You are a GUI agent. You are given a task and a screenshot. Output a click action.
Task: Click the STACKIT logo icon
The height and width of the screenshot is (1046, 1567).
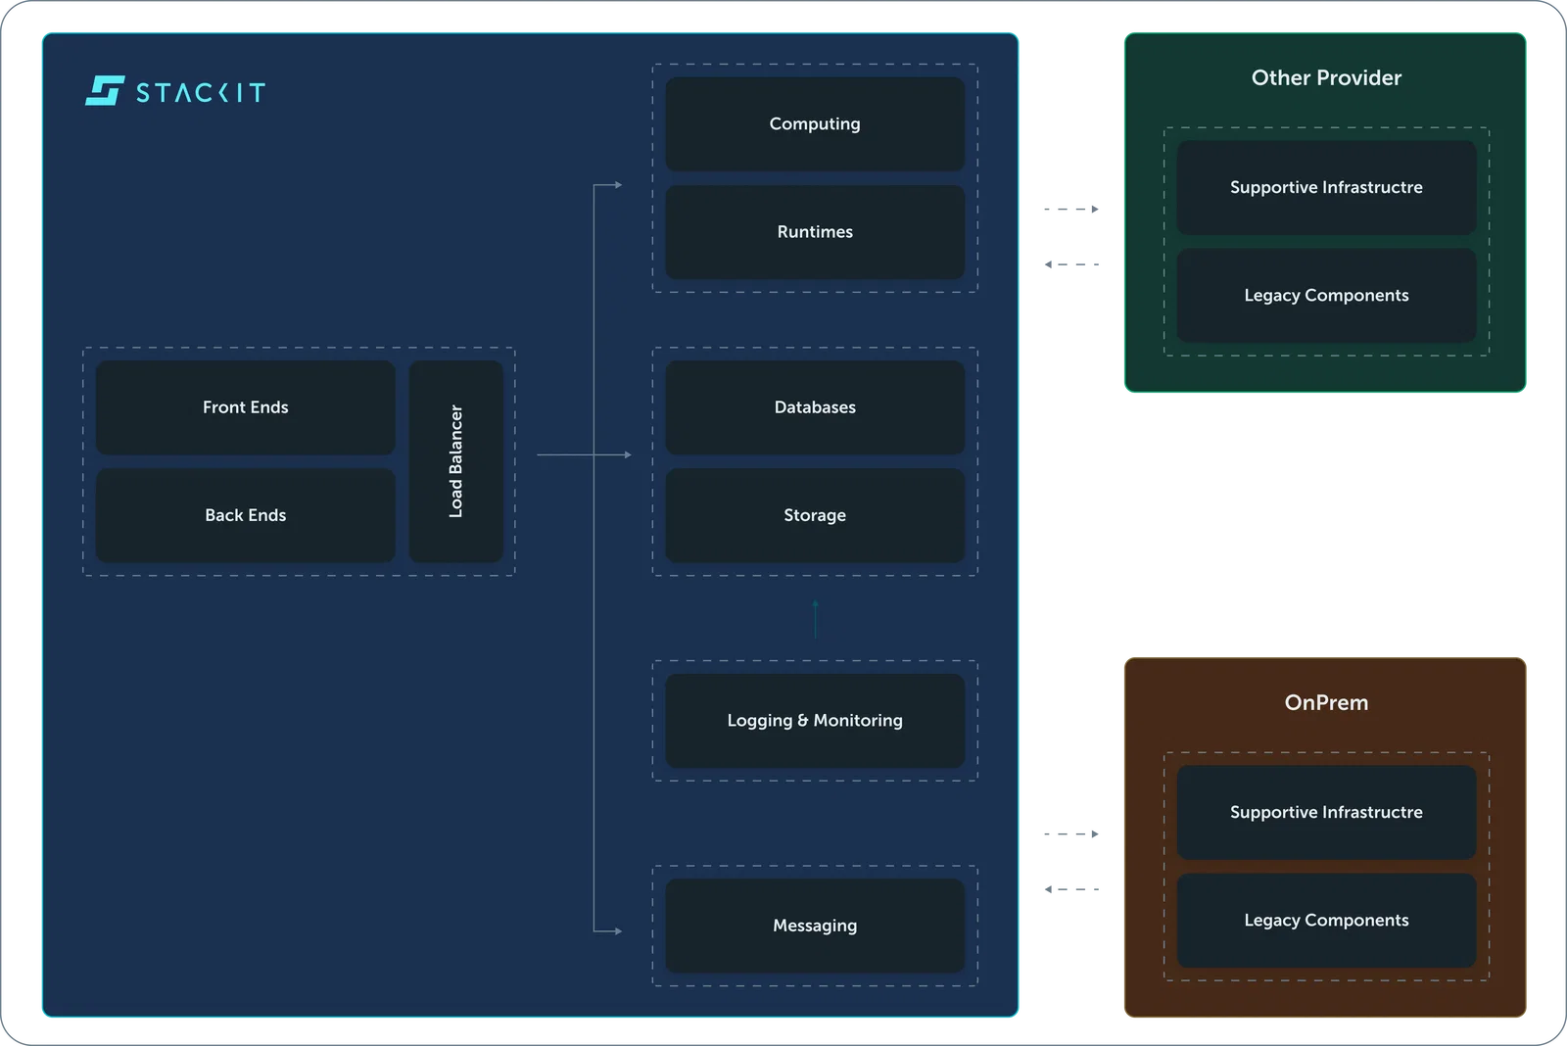tap(105, 91)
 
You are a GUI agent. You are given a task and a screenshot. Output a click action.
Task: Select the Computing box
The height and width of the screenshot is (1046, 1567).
tap(815, 123)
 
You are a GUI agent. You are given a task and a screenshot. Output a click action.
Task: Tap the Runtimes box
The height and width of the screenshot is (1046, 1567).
tap(815, 231)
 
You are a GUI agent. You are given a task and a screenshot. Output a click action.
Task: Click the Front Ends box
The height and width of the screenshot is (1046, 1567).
tap(246, 407)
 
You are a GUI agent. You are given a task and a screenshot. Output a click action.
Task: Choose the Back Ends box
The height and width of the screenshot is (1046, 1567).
tap(246, 515)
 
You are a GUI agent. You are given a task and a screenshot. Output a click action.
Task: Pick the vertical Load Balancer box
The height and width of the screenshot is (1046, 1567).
tap(456, 461)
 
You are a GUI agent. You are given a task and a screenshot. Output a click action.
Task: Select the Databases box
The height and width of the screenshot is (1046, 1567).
tap(815, 407)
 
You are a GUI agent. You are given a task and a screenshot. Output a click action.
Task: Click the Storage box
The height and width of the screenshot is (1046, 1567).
tap(815, 515)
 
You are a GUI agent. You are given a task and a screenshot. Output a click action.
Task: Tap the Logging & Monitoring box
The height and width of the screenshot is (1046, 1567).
tap(815, 721)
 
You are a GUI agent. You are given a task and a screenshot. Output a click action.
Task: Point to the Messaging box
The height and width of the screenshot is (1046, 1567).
tap(815, 926)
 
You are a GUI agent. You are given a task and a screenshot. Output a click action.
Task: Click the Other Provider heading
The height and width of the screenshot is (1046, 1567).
tap(1326, 77)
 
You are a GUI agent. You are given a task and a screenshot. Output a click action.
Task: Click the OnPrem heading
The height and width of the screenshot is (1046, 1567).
tap(1326, 702)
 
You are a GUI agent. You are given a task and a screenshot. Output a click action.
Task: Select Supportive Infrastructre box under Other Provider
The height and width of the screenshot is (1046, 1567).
tap(1326, 187)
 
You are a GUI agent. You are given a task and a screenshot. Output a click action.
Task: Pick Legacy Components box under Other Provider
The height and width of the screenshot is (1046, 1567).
tap(1326, 295)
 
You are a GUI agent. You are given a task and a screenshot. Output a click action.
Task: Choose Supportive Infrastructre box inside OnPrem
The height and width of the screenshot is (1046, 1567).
tap(1326, 812)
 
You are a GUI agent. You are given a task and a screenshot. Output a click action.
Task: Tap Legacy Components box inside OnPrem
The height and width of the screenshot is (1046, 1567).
tap(1326, 920)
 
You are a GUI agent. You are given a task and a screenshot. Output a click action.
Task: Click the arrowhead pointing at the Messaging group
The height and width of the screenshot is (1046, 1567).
tap(618, 931)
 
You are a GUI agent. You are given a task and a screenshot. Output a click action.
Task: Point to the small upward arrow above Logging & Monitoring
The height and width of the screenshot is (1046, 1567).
tap(816, 619)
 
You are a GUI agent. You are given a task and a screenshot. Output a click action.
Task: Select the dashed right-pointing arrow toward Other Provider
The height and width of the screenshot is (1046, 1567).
tap(1071, 210)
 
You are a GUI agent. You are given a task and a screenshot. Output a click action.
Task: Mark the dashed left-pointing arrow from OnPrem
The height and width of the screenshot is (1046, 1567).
tap(1071, 889)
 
